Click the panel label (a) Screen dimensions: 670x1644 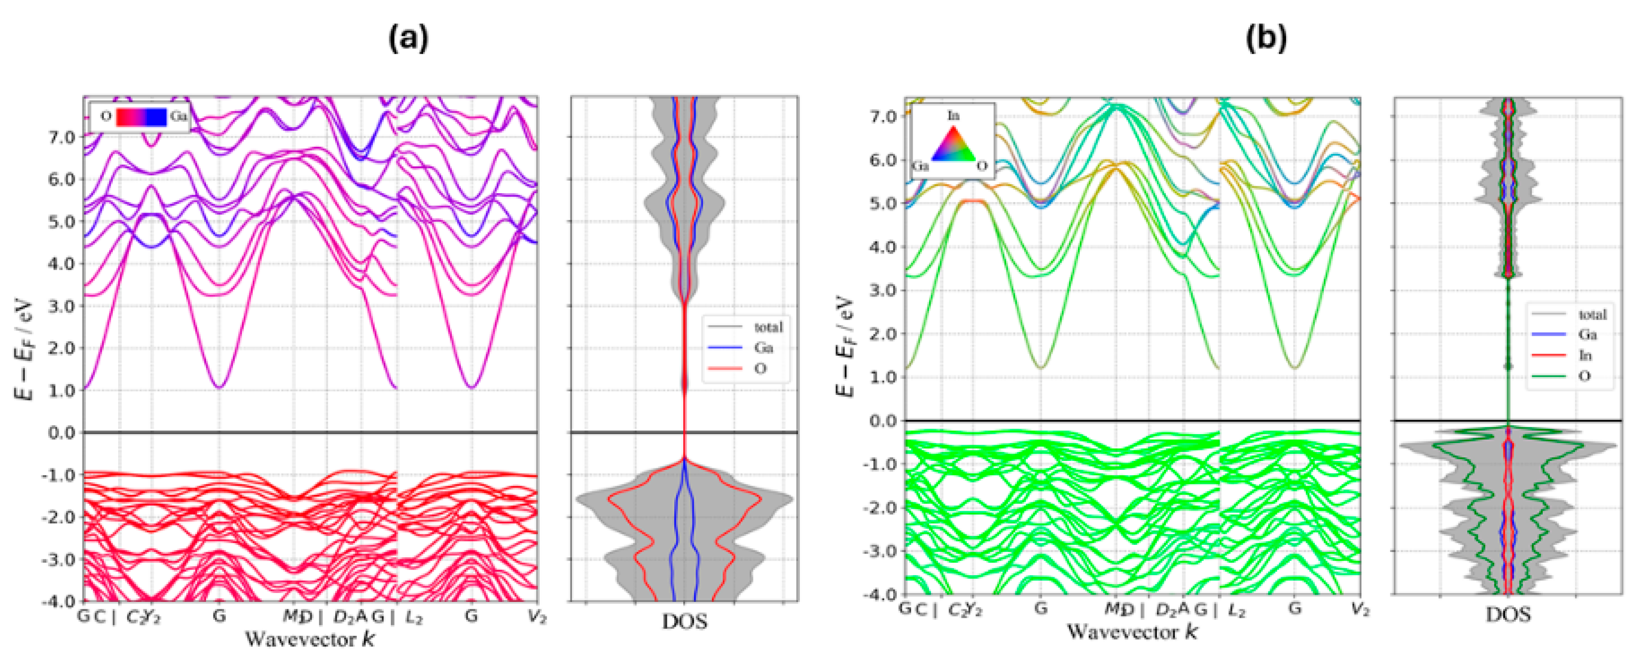point(409,40)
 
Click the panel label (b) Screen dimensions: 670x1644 point(1266,40)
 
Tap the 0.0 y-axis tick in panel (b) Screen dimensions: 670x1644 point(883,421)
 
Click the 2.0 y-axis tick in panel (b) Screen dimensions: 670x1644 point(883,334)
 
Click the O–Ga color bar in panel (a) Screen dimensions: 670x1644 point(142,117)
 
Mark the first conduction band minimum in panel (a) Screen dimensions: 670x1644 point(219,387)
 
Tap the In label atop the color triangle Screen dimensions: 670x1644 point(953,116)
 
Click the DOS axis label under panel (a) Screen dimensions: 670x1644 point(685,621)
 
